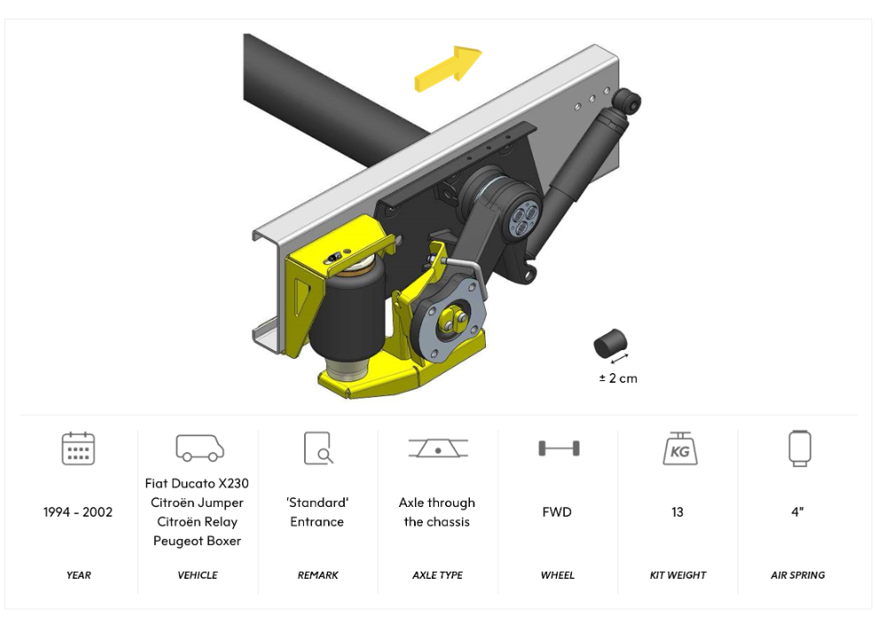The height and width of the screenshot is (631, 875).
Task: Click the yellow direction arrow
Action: tap(448, 69)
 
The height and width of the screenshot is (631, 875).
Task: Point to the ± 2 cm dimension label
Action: tap(617, 378)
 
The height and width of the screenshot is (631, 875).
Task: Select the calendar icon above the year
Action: tap(78, 448)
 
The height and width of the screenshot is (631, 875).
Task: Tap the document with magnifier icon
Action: tap(317, 448)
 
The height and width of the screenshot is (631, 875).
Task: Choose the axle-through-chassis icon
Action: tap(438, 448)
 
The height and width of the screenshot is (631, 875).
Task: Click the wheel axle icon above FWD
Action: tap(558, 448)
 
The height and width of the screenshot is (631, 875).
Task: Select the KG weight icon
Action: tap(678, 448)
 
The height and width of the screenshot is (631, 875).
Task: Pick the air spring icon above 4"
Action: tap(799, 448)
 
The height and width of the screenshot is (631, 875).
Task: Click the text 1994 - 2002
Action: tap(78, 512)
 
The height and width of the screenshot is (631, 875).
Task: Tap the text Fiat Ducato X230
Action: tap(197, 484)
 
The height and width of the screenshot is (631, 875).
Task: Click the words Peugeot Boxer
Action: tap(197, 541)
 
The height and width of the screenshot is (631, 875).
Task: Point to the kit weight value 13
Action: tap(677, 512)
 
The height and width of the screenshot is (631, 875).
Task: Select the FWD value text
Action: tap(557, 512)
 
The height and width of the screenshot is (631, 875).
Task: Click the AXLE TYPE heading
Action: tap(438, 575)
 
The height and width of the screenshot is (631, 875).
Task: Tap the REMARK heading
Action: tap(317, 575)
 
